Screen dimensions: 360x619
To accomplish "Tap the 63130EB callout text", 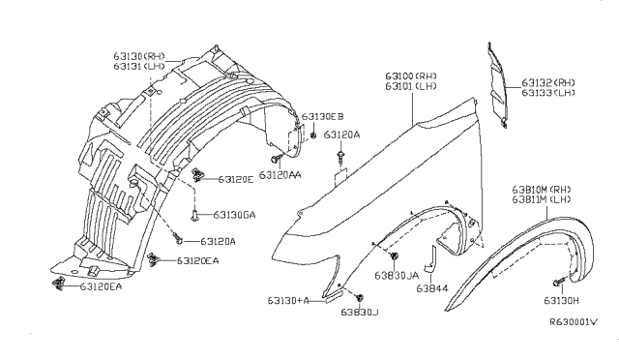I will click(x=322, y=117).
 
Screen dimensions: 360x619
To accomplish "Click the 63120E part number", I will click(x=236, y=179).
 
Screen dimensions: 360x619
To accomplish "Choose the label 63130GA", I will click(x=235, y=215).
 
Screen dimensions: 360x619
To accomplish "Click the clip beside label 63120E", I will click(x=198, y=175).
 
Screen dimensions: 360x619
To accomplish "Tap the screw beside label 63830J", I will click(x=360, y=296).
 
